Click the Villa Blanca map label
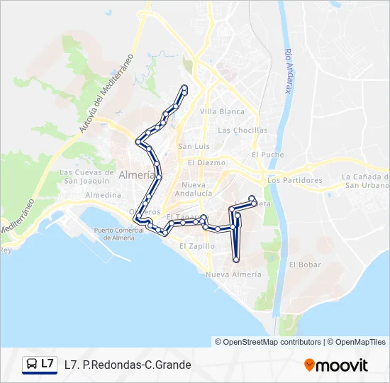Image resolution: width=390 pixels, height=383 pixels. pos(222,111)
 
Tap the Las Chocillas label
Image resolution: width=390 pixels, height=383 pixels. pos(243,131)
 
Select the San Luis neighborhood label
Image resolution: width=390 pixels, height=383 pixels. pos(194,146)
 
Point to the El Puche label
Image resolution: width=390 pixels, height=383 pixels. pos(267,155)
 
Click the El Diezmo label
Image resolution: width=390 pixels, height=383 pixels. pos(206,162)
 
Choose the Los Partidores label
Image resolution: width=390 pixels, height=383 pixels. pos(295,180)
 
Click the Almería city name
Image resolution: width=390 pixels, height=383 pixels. pos(138,175)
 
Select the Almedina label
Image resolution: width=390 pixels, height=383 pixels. pos(104,195)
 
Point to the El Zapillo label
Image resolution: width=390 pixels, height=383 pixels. pos(197,246)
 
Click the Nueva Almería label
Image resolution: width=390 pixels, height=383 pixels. pos(233,274)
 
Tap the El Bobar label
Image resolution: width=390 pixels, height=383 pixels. pos(305,265)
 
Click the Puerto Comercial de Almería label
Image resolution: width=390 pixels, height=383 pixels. pos(123,234)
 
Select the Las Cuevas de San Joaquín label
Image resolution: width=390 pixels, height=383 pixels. pos(87,176)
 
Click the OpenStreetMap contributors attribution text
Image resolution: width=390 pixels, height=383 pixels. pos(268,342)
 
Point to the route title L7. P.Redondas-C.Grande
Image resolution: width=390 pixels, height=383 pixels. pos(128,365)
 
